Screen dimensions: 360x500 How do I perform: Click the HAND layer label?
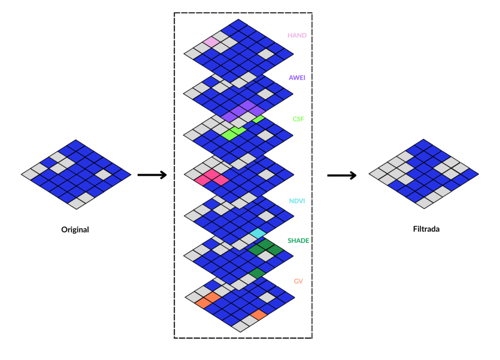point(297,36)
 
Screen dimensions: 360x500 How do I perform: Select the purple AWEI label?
point(297,78)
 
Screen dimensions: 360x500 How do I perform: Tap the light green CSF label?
point(298,119)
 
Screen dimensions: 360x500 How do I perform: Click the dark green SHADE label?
point(298,241)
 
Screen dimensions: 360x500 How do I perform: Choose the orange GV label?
point(298,281)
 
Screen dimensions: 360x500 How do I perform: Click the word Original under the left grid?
point(75,229)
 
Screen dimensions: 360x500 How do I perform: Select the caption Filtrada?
point(424,228)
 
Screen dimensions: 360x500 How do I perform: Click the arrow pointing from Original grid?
point(152,175)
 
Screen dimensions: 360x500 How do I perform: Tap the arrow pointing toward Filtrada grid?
point(341,175)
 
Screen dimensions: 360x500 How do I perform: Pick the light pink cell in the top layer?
point(211,42)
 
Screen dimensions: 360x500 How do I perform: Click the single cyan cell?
point(257,233)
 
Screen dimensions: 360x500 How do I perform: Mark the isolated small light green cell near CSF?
point(258,119)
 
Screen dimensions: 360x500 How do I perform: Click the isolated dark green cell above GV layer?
point(257,273)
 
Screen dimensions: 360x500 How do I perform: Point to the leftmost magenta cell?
point(202,180)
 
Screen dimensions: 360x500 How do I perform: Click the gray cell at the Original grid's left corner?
point(30,174)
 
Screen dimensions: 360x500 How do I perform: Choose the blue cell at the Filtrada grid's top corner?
point(423,145)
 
